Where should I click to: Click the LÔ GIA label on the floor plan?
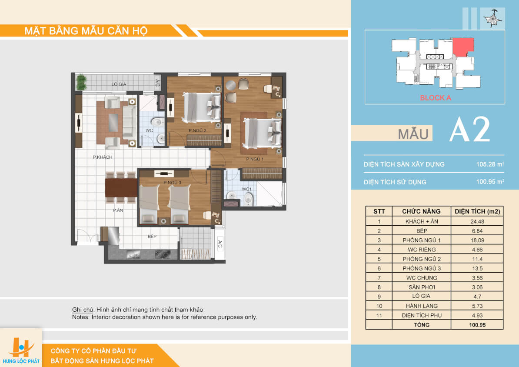point(119,84)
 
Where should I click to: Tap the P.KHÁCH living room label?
point(103,157)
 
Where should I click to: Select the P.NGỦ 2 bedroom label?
point(197,130)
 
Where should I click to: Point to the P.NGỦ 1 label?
point(255,159)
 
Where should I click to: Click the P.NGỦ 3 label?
point(172,183)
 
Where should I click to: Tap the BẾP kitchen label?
point(152,236)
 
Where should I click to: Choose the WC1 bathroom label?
point(246,189)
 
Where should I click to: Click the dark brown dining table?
point(121,188)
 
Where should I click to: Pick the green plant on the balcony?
point(81,82)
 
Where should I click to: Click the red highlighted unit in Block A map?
point(463,46)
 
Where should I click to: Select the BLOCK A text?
point(435,98)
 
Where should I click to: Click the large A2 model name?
point(470,130)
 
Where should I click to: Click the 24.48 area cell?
point(477,222)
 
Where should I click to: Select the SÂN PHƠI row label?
point(421,287)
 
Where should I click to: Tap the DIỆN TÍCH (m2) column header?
point(477,211)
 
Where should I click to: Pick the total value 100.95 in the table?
point(477,325)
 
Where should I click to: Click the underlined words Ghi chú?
point(83,310)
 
